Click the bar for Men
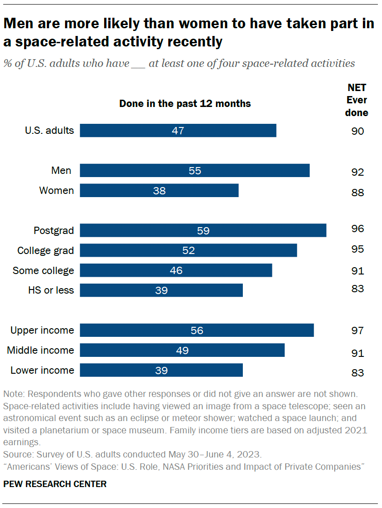195,171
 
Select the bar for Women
159,191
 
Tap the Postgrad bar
203,230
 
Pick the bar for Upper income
197,330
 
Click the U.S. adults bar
178,131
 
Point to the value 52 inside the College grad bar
188,250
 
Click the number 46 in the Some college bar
176,270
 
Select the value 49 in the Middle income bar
182,351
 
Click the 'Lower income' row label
42,370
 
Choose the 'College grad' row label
45,250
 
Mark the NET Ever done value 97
357,330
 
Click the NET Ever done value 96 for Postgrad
357,229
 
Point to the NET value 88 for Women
357,193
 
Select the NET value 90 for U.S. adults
357,132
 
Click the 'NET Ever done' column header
357,100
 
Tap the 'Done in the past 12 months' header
185,104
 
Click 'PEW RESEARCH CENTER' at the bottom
55,484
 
